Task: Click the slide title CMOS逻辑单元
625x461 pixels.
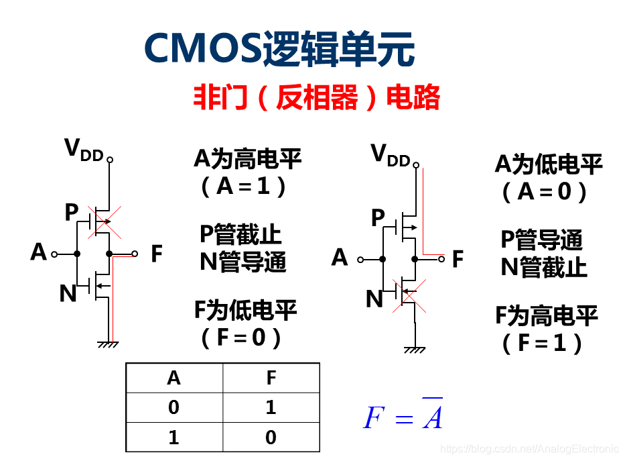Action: [x=279, y=48]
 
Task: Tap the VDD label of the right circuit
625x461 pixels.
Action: [x=391, y=155]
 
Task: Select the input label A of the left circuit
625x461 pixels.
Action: [x=39, y=253]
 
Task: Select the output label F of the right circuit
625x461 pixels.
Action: [x=458, y=259]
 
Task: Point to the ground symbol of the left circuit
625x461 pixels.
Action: [x=108, y=344]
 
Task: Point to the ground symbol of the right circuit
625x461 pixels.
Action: [x=415, y=349]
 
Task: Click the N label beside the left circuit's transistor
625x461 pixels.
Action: [x=68, y=294]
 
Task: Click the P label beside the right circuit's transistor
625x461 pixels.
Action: [x=378, y=218]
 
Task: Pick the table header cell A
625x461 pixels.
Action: [x=174, y=378]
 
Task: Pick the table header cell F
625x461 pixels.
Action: [x=271, y=378]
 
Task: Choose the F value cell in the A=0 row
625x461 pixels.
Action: [x=271, y=407]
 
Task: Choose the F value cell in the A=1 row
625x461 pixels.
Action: [x=271, y=438]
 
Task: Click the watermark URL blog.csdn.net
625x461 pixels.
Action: [x=529, y=448]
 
